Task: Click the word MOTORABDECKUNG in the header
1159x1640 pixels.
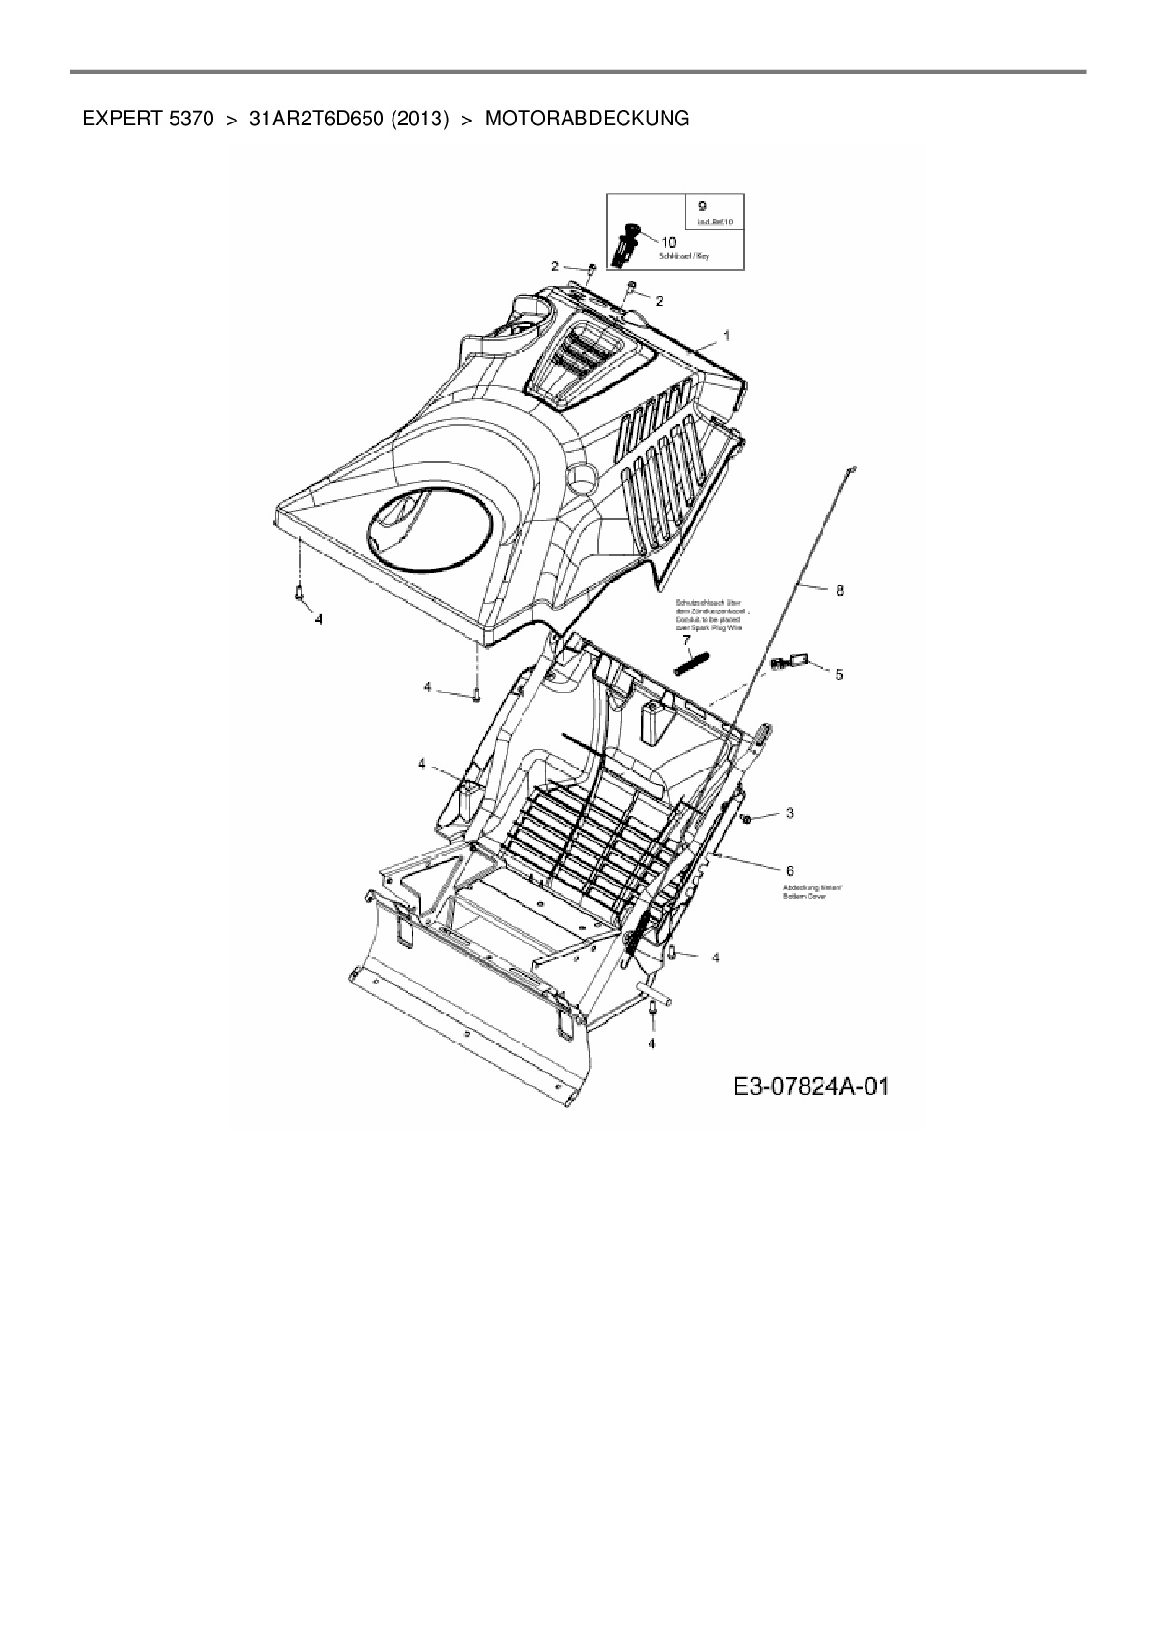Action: (587, 119)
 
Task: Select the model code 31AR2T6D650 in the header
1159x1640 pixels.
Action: (319, 119)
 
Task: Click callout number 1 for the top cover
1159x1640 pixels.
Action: (727, 335)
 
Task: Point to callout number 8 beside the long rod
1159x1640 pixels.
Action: (839, 590)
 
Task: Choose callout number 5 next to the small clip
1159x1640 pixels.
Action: (838, 673)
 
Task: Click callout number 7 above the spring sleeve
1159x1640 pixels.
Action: (685, 640)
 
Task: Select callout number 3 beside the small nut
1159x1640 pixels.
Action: (789, 813)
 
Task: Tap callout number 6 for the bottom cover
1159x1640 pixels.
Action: (790, 870)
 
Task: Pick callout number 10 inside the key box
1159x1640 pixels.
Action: (668, 242)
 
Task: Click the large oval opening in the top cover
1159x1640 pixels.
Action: (432, 530)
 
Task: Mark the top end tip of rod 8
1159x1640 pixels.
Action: (853, 469)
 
